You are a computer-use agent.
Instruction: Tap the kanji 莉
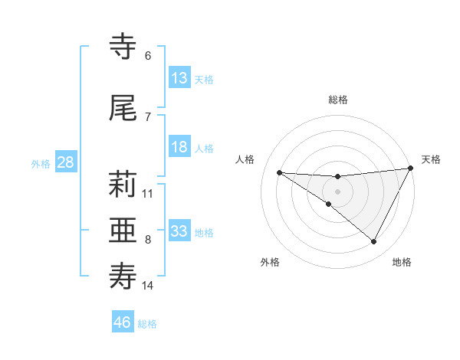point(123,186)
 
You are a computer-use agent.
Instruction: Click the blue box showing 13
point(179,78)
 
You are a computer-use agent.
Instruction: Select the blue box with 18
point(179,148)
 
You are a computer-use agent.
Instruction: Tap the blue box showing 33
point(179,231)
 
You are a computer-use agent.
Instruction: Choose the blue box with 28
point(64,162)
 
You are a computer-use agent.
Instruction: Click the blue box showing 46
point(123,322)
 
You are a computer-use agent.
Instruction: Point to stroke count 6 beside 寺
point(148,56)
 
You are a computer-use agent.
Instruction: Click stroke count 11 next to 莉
point(148,193)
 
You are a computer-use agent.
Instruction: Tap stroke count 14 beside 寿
point(148,286)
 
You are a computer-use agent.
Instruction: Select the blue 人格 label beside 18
point(204,149)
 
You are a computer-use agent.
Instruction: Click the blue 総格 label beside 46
point(147,323)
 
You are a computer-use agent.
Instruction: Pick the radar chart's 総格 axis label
point(337,100)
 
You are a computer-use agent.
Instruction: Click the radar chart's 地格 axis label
point(402,262)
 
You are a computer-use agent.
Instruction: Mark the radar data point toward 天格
point(411,169)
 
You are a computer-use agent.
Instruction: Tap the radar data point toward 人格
point(279,172)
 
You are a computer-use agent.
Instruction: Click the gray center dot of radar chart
point(337,191)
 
